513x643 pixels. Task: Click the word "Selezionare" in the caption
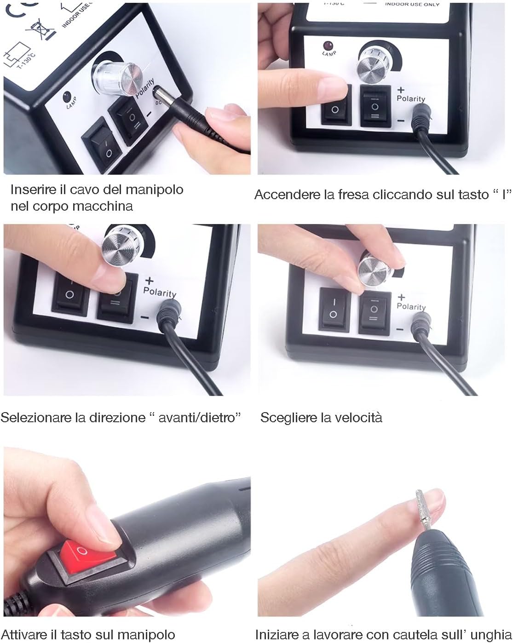coord(36,418)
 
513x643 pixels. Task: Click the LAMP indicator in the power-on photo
coord(329,49)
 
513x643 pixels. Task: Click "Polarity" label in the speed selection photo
coord(411,307)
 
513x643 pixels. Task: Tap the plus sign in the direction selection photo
coord(149,281)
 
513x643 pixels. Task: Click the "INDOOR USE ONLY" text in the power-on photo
coord(412,4)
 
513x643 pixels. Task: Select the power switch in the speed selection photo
coord(334,309)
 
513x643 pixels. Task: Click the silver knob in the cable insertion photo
coord(119,78)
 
